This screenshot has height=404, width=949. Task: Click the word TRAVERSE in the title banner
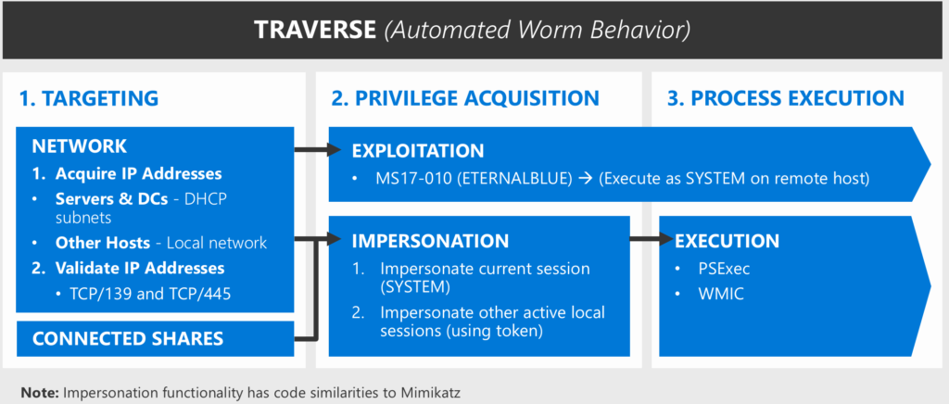pos(314,31)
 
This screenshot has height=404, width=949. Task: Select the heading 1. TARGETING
pos(89,98)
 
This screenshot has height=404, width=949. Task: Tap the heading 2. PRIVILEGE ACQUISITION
pos(465,98)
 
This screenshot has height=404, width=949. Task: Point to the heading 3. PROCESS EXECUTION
pos(785,98)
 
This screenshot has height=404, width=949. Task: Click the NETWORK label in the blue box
pos(80,146)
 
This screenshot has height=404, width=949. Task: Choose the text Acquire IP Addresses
pos(138,173)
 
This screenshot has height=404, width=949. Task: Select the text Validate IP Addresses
pos(139,268)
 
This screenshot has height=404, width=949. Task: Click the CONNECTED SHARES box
pos(128,338)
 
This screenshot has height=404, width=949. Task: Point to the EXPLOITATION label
pos(418,150)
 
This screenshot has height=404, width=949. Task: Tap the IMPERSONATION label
pos(430,241)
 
